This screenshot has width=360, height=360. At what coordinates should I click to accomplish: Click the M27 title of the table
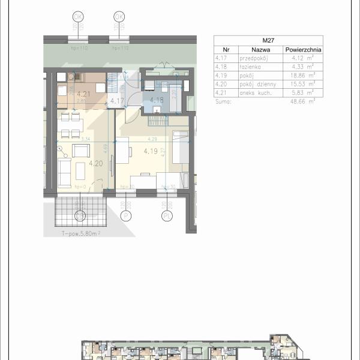pyautogui.click(x=268, y=40)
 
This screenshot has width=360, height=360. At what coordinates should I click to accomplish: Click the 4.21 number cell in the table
pyautogui.click(x=221, y=94)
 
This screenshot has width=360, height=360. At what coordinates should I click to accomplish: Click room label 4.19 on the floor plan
pyautogui.click(x=151, y=151)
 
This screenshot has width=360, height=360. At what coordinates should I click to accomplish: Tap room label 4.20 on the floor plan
pyautogui.click(x=95, y=163)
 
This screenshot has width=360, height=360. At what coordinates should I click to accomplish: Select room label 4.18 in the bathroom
pyautogui.click(x=157, y=100)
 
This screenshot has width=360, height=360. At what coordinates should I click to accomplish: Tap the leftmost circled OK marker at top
pyautogui.click(x=78, y=16)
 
